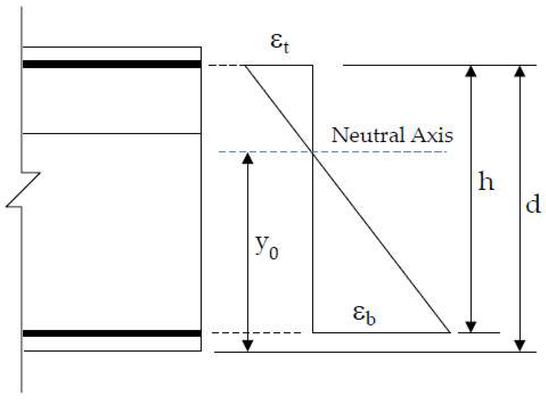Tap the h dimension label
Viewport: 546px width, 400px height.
point(486,182)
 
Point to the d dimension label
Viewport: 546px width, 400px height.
point(533,204)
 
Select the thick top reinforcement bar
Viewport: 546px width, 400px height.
point(112,64)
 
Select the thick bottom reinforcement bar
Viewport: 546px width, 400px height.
point(112,333)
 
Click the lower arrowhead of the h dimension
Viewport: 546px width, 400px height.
point(471,327)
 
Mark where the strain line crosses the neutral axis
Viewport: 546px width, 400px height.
point(313,152)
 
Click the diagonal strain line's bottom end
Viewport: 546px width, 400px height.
point(450,332)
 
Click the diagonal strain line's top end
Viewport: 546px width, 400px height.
point(246,66)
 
